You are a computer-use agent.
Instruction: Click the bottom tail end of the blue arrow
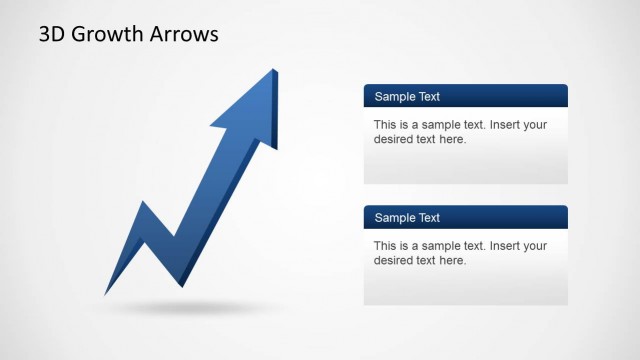pos(106,294)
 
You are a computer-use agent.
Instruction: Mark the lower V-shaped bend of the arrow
pos(175,239)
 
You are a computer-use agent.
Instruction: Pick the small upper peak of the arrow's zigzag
pos(144,204)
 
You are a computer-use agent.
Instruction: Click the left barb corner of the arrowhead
pos(211,127)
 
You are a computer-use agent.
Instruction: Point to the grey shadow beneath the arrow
pos(180,307)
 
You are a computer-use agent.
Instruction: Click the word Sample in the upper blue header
pos(394,97)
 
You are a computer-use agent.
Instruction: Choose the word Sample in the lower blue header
pos(394,217)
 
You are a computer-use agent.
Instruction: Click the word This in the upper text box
pos(386,125)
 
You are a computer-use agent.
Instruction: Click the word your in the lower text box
pos(535,245)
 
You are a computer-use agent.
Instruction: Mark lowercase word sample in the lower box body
pos(436,245)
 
